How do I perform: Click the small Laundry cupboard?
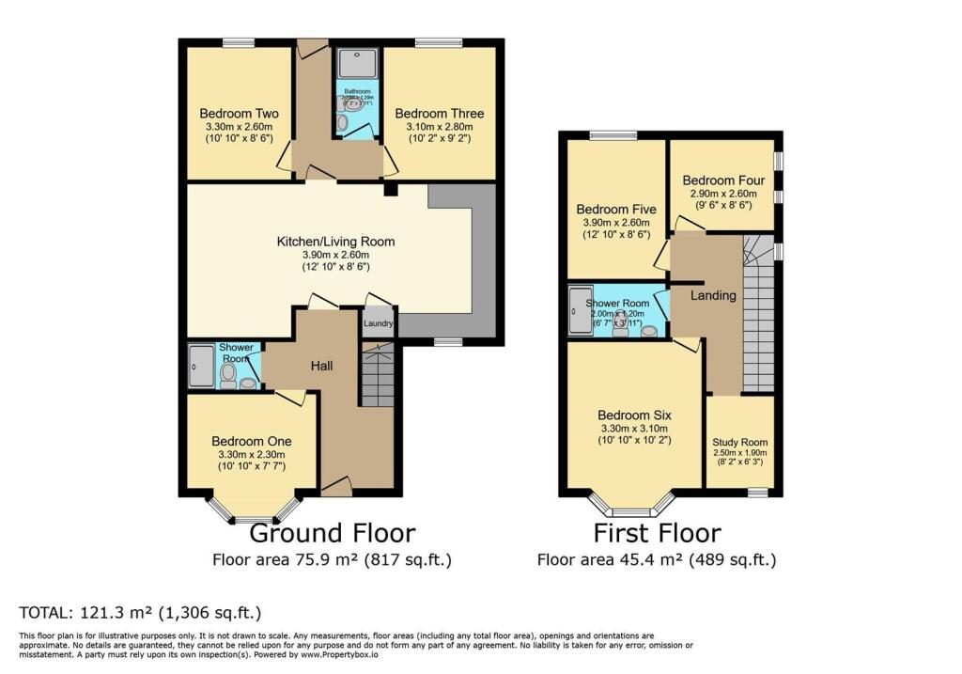(x=378, y=322)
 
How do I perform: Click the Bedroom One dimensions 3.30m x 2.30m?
(x=251, y=455)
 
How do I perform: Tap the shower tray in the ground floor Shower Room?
(x=200, y=366)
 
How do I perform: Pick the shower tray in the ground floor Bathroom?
(x=355, y=63)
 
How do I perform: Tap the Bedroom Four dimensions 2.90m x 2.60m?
(x=723, y=195)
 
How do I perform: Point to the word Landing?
(x=713, y=295)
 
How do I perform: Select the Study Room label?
(x=739, y=442)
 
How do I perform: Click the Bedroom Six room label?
(x=635, y=415)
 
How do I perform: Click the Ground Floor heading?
(x=332, y=533)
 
